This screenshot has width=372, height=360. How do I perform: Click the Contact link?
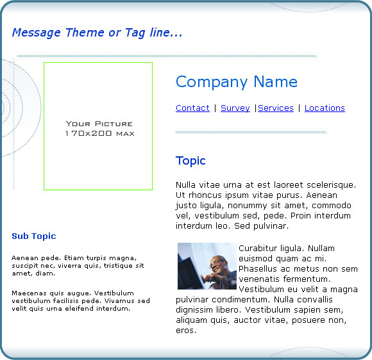pos(192,108)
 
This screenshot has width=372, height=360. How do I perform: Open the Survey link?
pos(235,108)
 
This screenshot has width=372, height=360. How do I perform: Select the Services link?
pos(276,108)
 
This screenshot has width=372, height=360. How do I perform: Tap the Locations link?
pos(325,108)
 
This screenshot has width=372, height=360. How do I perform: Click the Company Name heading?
pos(237,82)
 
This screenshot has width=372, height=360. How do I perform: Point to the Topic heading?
pos(190,161)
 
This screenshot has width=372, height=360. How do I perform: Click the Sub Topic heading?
pos(34,236)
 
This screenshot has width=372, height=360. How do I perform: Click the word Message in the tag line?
pos(37,33)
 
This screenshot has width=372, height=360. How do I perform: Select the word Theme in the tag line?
pos(85,33)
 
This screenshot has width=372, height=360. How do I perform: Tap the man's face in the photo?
pos(217,265)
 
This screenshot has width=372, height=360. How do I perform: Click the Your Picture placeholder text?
pos(99,124)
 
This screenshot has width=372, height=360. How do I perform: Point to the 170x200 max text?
pos(100,133)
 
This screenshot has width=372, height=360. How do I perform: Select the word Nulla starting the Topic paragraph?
pos(185,185)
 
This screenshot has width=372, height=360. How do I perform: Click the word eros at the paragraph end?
pos(186,331)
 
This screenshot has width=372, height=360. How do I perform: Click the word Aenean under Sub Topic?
pos(25,258)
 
